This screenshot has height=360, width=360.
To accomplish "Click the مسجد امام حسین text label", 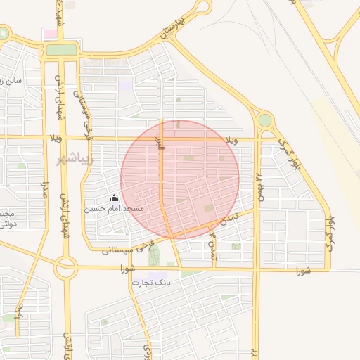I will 114,209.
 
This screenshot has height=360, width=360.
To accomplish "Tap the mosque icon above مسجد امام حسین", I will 114,198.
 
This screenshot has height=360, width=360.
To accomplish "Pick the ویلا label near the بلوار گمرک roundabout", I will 231,141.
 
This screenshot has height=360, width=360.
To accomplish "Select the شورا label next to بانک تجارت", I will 127,268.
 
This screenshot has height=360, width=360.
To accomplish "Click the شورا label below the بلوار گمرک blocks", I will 303,270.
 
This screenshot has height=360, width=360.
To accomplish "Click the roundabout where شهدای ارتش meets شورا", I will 66,266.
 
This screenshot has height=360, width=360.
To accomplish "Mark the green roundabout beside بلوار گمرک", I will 264,120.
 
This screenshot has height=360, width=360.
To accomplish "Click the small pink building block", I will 50,34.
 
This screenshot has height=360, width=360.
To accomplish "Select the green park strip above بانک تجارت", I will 154,255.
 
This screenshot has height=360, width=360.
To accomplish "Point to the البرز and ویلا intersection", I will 160,139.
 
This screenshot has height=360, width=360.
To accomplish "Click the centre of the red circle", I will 180,179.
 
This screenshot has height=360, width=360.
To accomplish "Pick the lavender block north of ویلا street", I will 126,84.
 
